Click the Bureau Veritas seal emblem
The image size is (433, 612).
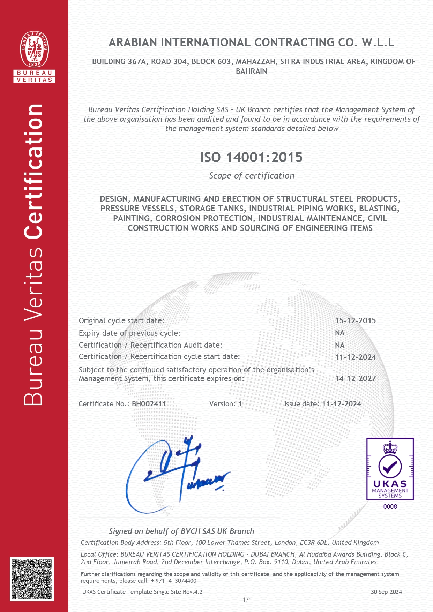(x=34, y=49)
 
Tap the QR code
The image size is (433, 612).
(x=32, y=579)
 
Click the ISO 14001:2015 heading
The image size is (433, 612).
(x=251, y=158)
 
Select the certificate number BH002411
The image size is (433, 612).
(x=149, y=404)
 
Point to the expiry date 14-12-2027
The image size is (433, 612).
(x=356, y=379)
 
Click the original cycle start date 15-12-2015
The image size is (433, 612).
(x=356, y=321)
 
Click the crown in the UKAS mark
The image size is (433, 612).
(x=390, y=447)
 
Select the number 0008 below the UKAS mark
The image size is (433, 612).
(x=390, y=507)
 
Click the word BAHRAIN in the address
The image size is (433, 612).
(x=251, y=71)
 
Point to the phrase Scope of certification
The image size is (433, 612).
(x=252, y=176)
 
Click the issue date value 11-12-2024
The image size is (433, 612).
(x=341, y=404)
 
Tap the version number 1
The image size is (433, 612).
(x=240, y=404)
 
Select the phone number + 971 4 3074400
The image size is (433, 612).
(x=173, y=581)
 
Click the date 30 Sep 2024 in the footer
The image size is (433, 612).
(x=386, y=592)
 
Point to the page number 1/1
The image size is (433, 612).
(x=247, y=599)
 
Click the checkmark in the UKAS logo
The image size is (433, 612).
(x=390, y=466)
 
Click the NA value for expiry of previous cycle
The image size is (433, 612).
(x=339, y=333)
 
